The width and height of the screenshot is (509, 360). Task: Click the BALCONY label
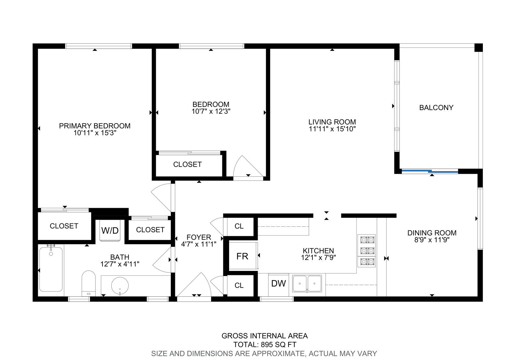click(x=436, y=108)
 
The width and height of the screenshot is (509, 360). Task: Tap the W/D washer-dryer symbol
click(x=110, y=230)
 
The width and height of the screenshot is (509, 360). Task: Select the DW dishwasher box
click(x=279, y=285)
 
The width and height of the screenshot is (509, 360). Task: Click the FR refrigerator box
click(x=243, y=256)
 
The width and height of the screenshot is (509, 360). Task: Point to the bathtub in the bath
click(x=51, y=269)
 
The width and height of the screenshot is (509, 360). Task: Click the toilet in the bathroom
click(x=89, y=283)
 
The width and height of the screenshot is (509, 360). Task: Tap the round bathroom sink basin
click(x=120, y=286)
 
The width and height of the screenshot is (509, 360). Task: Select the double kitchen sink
click(x=307, y=284)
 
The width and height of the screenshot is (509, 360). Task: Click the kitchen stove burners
click(x=366, y=251)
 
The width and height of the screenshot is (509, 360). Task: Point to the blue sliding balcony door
click(x=430, y=171)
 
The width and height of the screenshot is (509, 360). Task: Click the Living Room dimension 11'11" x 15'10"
click(x=332, y=129)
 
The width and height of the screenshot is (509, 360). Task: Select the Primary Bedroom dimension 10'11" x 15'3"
click(x=95, y=133)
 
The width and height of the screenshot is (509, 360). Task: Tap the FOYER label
click(x=199, y=237)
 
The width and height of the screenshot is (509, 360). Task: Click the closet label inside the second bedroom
click(x=187, y=165)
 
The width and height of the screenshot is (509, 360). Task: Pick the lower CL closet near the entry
click(x=239, y=285)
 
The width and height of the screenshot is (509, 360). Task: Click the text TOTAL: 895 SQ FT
click(x=265, y=344)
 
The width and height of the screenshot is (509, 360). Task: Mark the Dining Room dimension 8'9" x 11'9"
click(x=432, y=240)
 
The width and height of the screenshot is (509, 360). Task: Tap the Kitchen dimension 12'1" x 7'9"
click(x=318, y=258)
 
